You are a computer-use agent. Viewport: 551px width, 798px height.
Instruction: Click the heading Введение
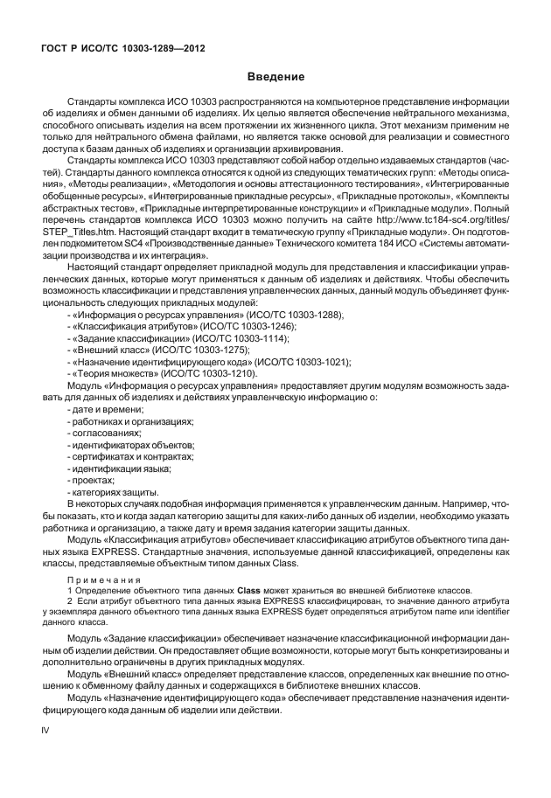[275, 77]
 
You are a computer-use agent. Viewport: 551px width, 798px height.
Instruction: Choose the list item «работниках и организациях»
[131, 421]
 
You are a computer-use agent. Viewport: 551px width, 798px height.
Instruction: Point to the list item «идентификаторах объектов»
[131, 445]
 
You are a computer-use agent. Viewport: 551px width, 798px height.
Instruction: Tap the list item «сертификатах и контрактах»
[129, 457]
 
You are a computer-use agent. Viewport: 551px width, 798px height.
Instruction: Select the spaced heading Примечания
[101, 580]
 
